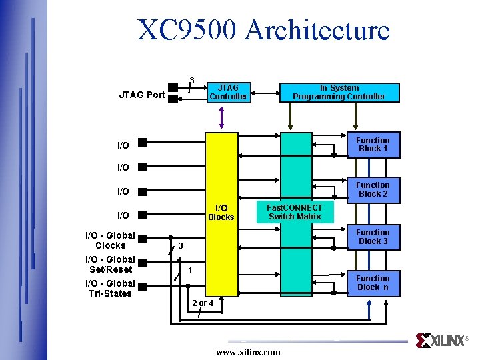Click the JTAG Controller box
[228, 92]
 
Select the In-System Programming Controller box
[339, 92]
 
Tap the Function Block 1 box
[373, 145]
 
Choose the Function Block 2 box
[373, 189]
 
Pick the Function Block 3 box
[373, 237]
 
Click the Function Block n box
[373, 283]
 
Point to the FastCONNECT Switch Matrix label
[295, 212]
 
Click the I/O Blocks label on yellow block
[221, 213]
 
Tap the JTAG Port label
[142, 95]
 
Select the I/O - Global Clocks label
[110, 240]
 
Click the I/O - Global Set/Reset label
[110, 264]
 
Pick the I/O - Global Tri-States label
[110, 289]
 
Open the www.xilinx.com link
[248, 352]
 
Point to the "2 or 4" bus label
[203, 303]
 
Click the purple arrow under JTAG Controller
[222, 116]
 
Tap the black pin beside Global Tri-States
[142, 288]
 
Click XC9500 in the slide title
[187, 30]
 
